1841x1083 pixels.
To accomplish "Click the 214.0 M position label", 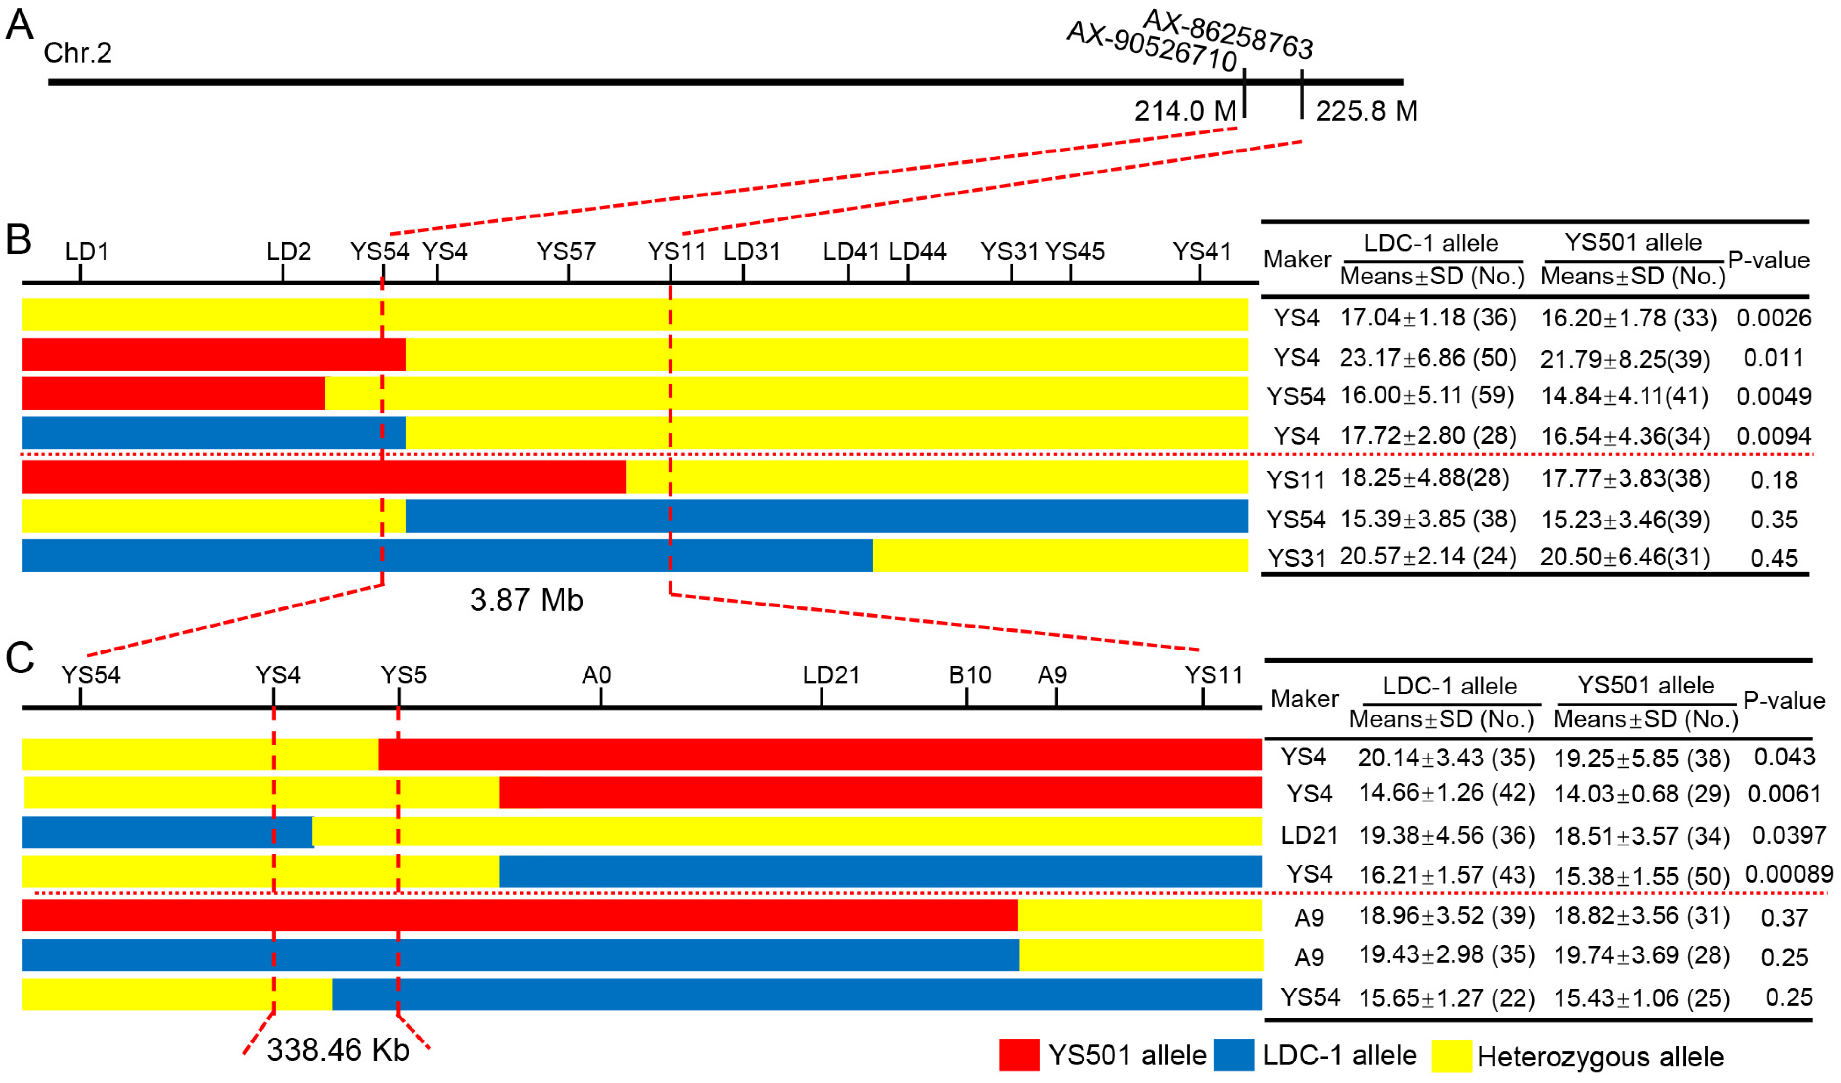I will coord(1184,111).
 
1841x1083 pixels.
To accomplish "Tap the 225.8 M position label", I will coord(1366,111).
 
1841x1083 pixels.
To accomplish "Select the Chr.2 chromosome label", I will coord(77,53).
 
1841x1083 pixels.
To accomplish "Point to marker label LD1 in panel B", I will coord(87,251).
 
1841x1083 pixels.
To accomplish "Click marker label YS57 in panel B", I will coord(566,251).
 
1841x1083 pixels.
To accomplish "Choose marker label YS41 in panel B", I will coord(1202,251).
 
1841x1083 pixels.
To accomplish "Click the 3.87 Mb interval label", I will coord(526,600).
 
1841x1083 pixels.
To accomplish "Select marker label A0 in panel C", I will coord(596,674).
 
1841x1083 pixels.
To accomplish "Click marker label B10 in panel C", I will coord(970,674).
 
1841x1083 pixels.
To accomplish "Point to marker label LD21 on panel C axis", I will coord(831,674).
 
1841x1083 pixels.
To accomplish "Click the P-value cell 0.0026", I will coord(1773,318).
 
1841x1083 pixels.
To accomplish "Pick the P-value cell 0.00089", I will coord(1788,874).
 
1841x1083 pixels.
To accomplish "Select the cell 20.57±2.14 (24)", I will coord(1428,556).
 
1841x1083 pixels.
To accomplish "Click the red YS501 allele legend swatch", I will coord(1019,1055).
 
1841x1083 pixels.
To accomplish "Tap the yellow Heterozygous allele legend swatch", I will coord(1451,1056).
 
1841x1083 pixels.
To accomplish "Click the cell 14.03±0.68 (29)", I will coord(1641,794).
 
